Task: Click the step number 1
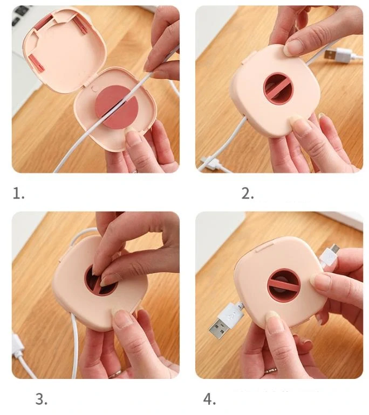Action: (x=18, y=193)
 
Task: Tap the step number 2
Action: (x=248, y=193)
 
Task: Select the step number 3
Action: (x=42, y=399)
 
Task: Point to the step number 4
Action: (x=209, y=399)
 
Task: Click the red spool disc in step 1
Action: (x=117, y=107)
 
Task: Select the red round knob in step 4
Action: (x=284, y=287)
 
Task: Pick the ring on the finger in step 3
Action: (x=115, y=374)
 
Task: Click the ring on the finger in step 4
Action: (x=271, y=371)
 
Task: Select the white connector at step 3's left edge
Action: (x=17, y=346)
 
